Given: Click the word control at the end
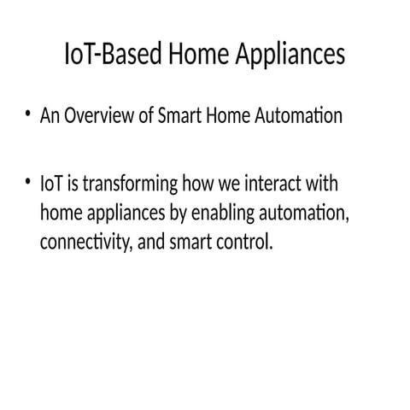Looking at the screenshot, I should [248, 242].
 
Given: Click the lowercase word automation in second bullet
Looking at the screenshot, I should [307, 213].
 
